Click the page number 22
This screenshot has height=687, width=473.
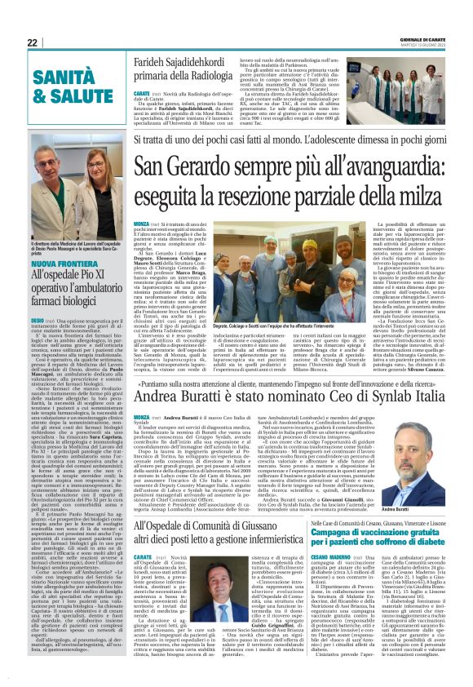[33, 42]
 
